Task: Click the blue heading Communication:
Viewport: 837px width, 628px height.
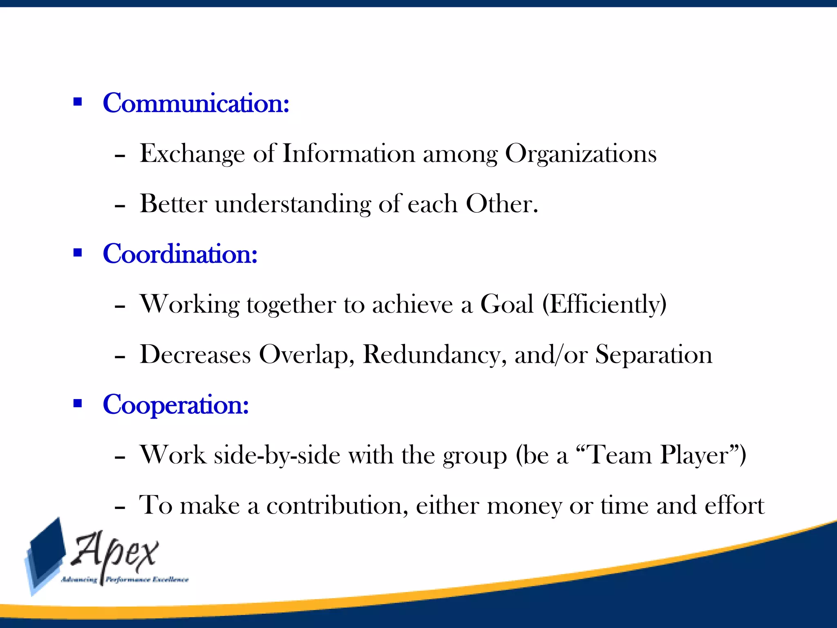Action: pyautogui.click(x=196, y=103)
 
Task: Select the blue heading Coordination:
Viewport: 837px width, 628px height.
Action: pyautogui.click(x=180, y=254)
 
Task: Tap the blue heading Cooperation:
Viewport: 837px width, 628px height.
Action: pyautogui.click(x=176, y=405)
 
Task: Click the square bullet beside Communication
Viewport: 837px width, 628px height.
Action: pyautogui.click(x=78, y=101)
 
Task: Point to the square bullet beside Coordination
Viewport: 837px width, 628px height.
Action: pyautogui.click(x=78, y=252)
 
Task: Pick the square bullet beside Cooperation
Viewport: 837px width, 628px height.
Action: pyautogui.click(x=78, y=404)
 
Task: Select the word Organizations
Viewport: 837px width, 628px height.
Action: pyautogui.click(x=581, y=155)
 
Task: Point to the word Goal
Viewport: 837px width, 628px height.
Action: pyautogui.click(x=507, y=304)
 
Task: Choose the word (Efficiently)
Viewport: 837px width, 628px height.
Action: pyautogui.click(x=604, y=305)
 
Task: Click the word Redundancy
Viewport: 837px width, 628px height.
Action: pyautogui.click(x=434, y=354)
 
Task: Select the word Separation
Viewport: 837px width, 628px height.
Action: pyautogui.click(x=653, y=354)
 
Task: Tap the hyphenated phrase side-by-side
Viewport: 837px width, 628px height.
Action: pyautogui.click(x=277, y=455)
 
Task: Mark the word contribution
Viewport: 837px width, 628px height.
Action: pyautogui.click(x=337, y=506)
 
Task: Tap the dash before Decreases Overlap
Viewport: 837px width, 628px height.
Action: pyautogui.click(x=120, y=357)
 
